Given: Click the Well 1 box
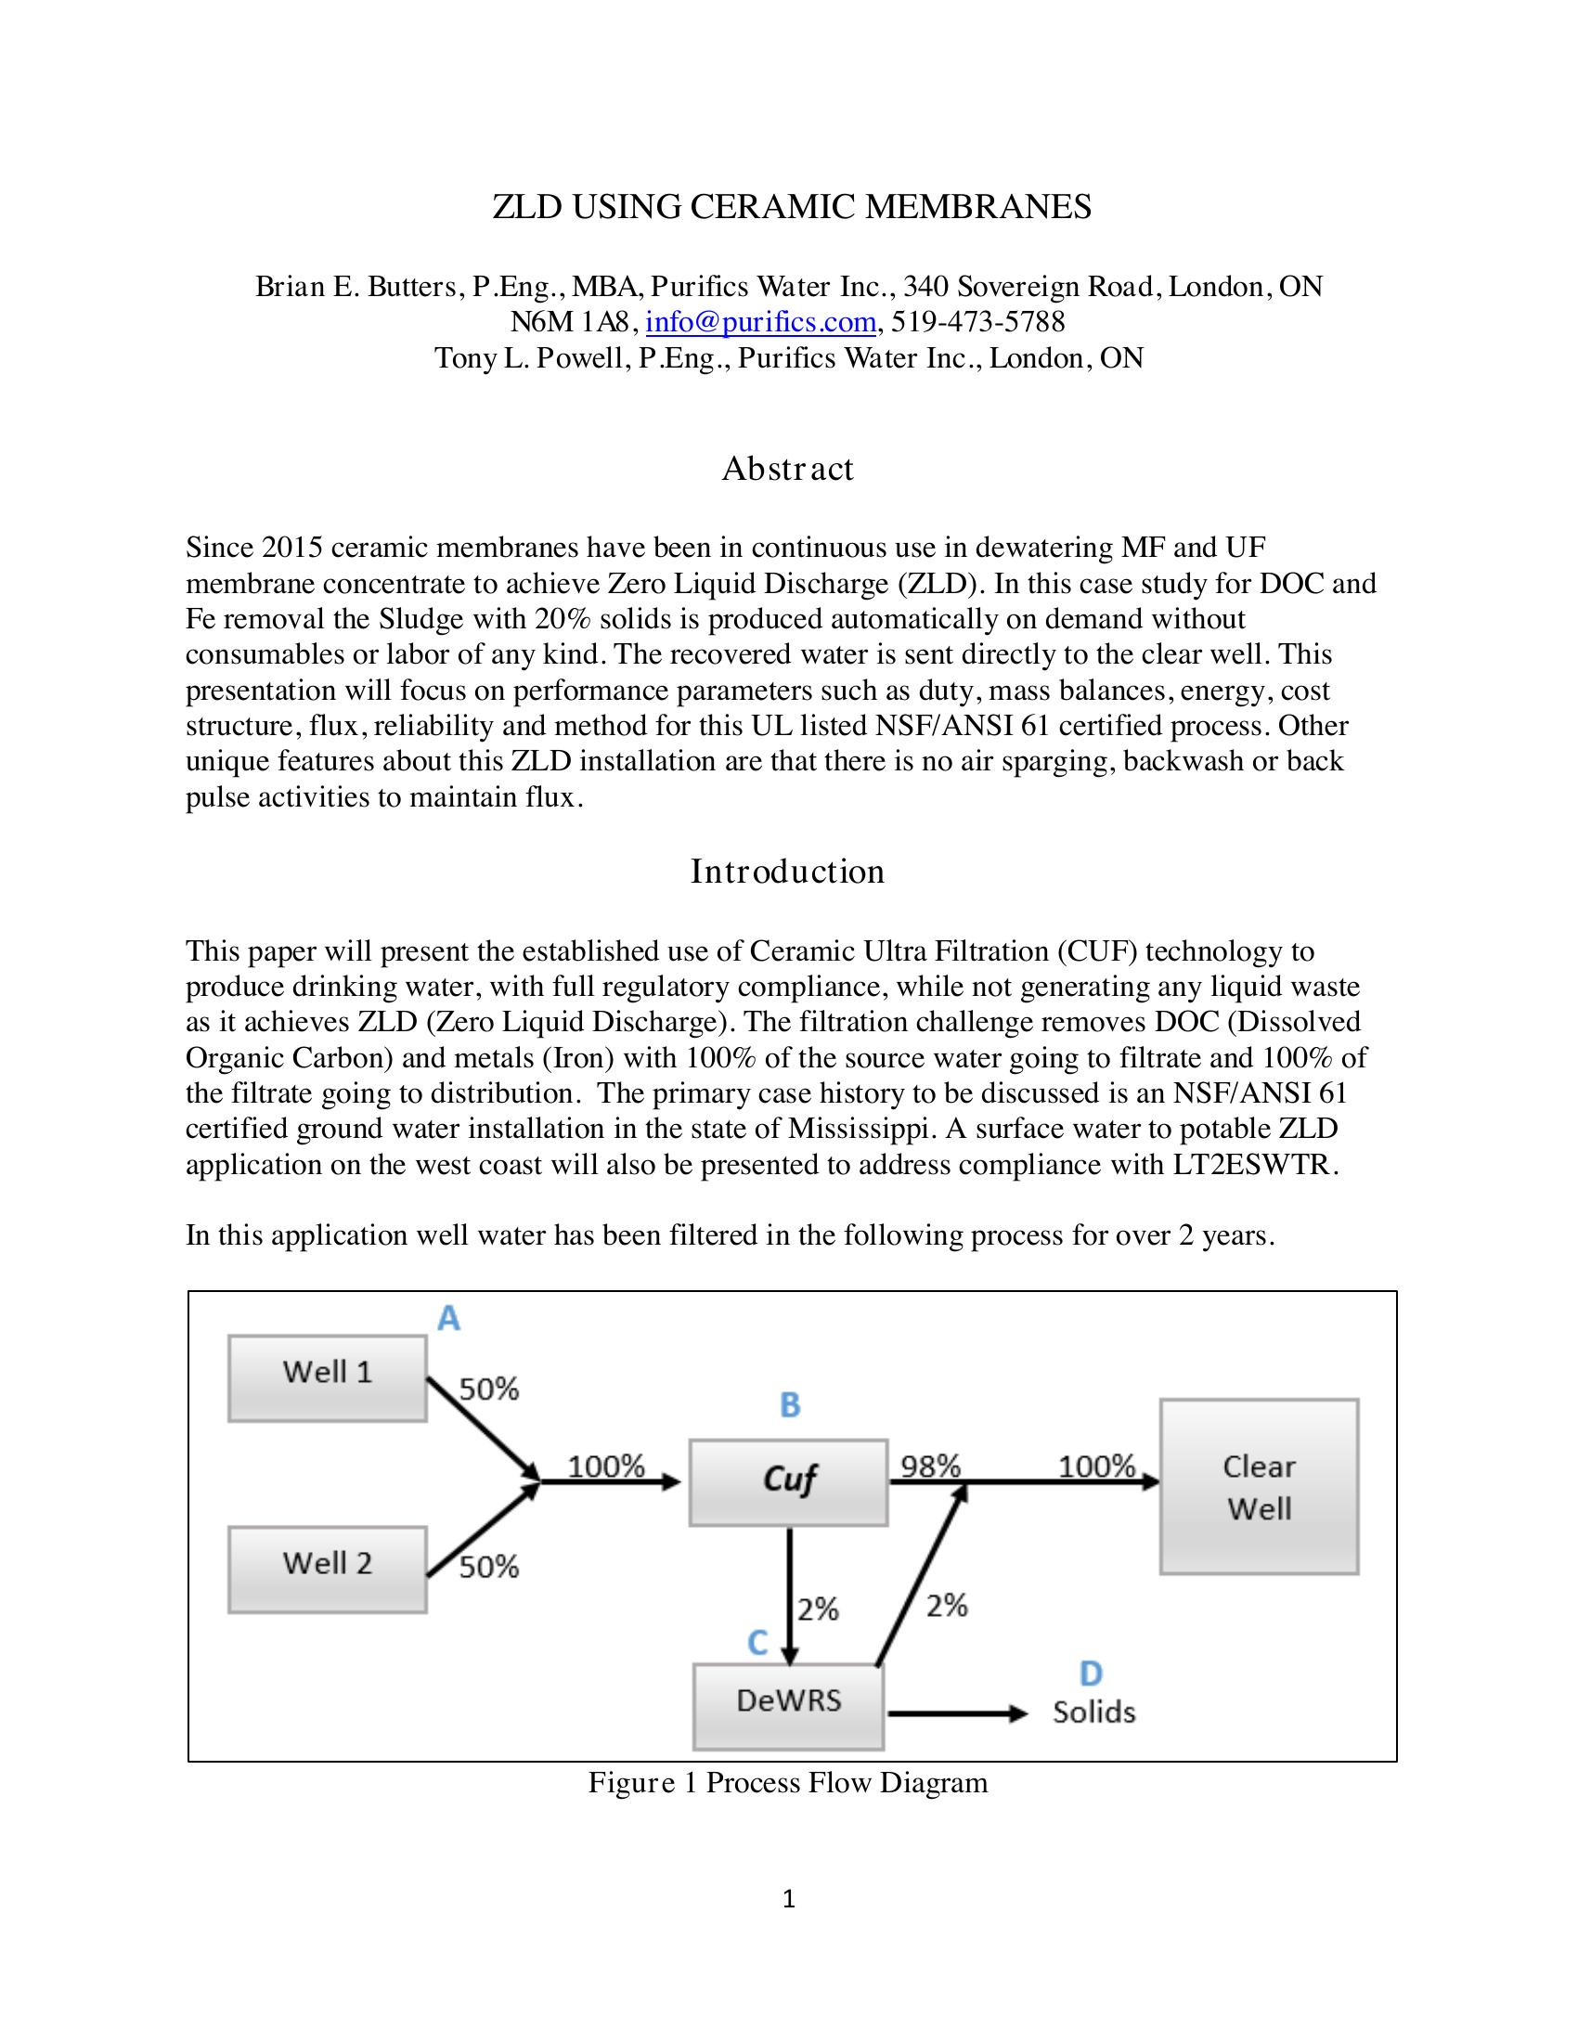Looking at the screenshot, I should pos(327,1379).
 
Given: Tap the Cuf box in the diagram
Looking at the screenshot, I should pos(788,1483).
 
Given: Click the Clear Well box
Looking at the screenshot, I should pos(1259,1488).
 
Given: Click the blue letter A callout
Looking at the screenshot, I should pos(448,1319).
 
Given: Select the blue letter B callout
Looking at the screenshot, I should pos(790,1404).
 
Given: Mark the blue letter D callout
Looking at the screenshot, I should pos(1090,1673).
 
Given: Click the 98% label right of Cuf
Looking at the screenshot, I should pos(930,1466).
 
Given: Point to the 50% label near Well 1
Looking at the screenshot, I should pos(489,1389).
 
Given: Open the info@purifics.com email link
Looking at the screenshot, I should pos(760,323).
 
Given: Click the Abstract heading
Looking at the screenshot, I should pos(787,469).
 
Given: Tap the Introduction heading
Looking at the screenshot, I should pos(787,872).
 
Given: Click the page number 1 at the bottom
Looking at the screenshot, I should pos(788,1899).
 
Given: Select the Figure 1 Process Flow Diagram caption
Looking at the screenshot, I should pos(787,1783).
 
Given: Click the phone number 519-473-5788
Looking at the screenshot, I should pos(977,323).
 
